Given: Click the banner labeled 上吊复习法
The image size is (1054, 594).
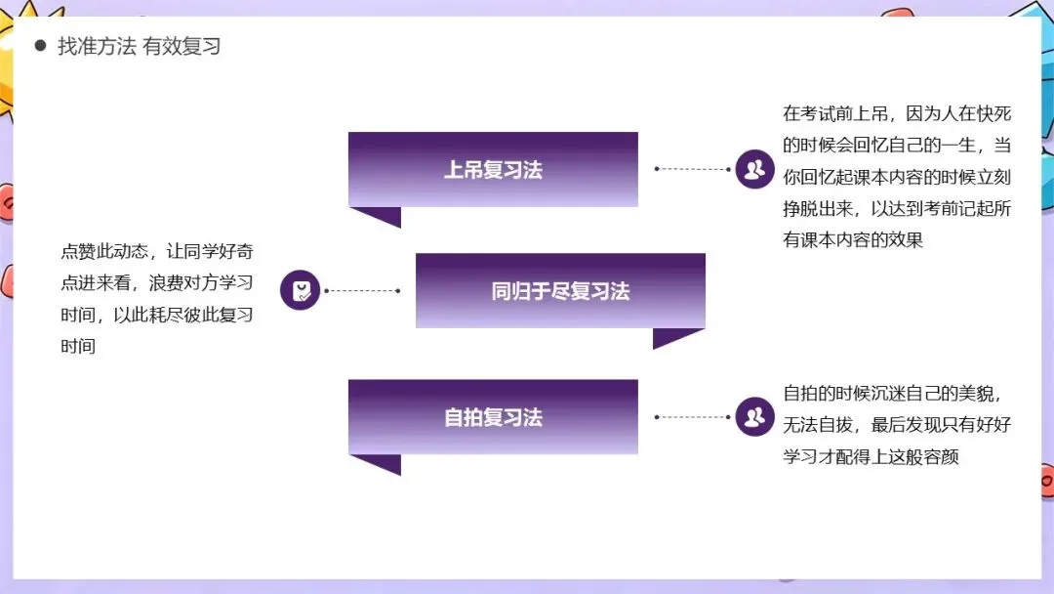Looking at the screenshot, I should point(493,169).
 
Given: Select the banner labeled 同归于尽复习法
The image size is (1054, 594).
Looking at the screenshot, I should point(560,290).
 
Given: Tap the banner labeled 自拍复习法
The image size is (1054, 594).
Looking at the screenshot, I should point(493,417).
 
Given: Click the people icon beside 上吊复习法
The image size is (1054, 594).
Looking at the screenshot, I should point(753,169).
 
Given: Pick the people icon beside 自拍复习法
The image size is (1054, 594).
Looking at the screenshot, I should point(753,417).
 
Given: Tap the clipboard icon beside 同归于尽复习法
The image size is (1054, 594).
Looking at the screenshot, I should point(301,290).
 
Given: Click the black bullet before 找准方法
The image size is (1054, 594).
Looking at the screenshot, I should point(40,46).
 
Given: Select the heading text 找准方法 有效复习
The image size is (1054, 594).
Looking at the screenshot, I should point(140,46).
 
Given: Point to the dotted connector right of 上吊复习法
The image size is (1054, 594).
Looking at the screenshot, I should point(693,169).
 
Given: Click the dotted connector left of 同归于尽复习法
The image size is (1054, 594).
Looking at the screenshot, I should point(361,290).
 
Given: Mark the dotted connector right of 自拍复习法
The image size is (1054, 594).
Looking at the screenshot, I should point(693,417).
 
